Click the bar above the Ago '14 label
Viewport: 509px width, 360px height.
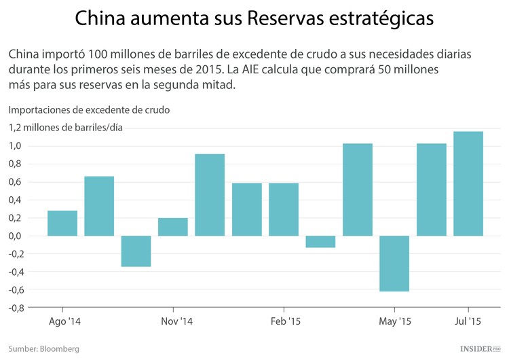pyautogui.click(x=62, y=223)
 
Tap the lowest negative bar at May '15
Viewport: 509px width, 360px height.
pyautogui.click(x=394, y=264)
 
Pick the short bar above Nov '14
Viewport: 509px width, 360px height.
pyautogui.click(x=173, y=227)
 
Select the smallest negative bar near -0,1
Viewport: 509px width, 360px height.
pyautogui.click(x=320, y=242)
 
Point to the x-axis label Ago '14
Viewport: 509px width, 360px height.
pyautogui.click(x=65, y=321)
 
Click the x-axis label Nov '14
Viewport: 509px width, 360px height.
pyautogui.click(x=178, y=321)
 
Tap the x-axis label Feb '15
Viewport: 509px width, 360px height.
pyautogui.click(x=285, y=321)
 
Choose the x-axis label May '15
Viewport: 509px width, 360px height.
pyautogui.click(x=395, y=321)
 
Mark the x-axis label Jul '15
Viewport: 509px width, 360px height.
pyautogui.click(x=468, y=321)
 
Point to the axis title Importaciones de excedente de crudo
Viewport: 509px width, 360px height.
pyautogui.click(x=89, y=109)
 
